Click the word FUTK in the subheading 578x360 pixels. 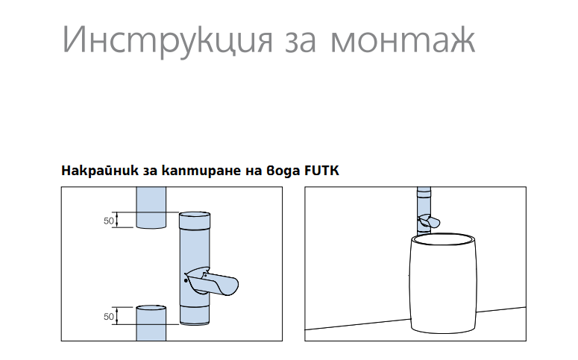[x=321, y=171]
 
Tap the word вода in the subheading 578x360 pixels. [x=282, y=171]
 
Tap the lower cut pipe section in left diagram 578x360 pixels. [x=153, y=322]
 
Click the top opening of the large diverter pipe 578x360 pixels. [x=196, y=215]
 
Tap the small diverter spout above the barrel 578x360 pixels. [x=430, y=221]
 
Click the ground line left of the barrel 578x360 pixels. [x=358, y=325]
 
